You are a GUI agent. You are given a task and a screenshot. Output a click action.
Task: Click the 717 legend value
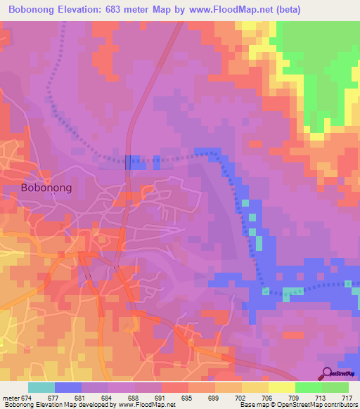click(347, 398)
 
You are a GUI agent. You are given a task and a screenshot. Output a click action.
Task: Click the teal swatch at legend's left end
click(41, 387)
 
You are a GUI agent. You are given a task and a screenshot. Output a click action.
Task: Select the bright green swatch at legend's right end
click(335, 387)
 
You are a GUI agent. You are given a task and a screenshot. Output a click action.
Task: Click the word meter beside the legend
click(8, 398)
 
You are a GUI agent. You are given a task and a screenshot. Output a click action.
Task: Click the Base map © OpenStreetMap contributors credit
click(298, 405)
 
